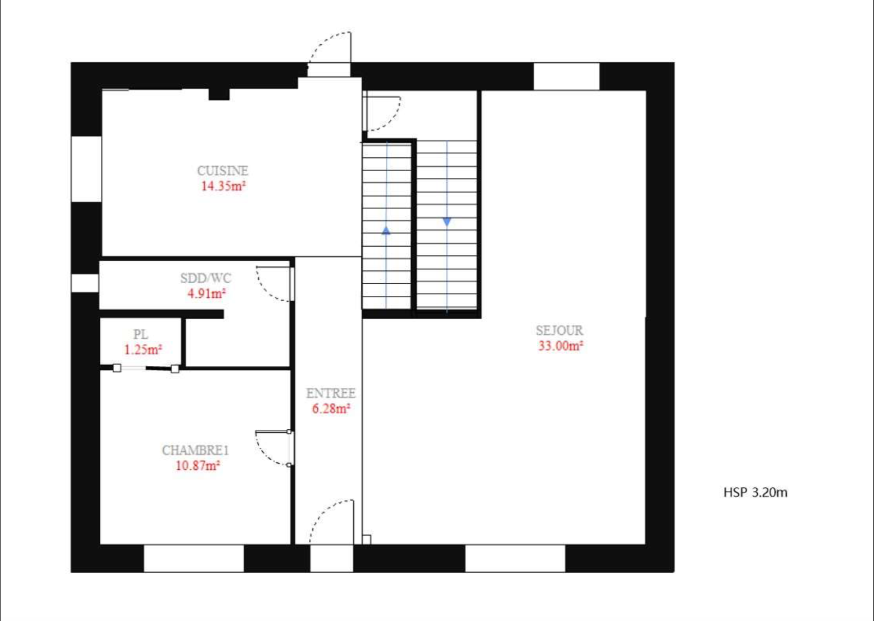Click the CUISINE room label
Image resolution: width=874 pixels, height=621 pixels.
pyautogui.click(x=223, y=171)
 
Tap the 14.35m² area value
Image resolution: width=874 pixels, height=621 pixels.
pyautogui.click(x=223, y=186)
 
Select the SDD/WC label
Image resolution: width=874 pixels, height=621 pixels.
pyautogui.click(x=206, y=278)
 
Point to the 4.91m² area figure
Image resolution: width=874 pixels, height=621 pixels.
pyautogui.click(x=207, y=293)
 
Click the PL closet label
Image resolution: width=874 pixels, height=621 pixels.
pyautogui.click(x=141, y=334)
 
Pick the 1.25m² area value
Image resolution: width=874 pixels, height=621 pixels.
pyautogui.click(x=143, y=349)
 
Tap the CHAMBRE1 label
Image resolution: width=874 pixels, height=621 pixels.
pyautogui.click(x=195, y=450)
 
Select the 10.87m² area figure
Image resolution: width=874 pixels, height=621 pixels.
pyautogui.click(x=198, y=465)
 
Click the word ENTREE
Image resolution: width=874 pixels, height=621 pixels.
pyautogui.click(x=331, y=393)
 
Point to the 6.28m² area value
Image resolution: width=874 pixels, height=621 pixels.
pyautogui.click(x=331, y=408)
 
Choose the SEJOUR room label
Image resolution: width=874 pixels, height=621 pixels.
pyautogui.click(x=559, y=331)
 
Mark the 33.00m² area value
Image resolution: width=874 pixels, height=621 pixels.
pyautogui.click(x=561, y=345)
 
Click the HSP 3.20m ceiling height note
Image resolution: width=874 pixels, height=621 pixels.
pyautogui.click(x=755, y=492)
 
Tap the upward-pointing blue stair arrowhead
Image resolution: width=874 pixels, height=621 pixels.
pyautogui.click(x=386, y=230)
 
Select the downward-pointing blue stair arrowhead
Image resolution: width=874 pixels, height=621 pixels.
pyautogui.click(x=447, y=222)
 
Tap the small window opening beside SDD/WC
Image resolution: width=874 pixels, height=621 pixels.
pyautogui.click(x=85, y=283)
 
